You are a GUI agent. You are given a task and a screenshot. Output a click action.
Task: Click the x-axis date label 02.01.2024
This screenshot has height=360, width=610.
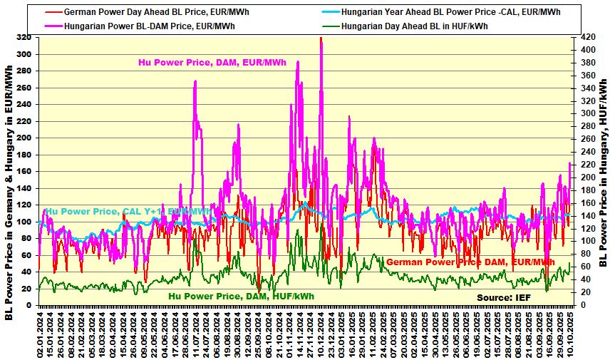[40, 333]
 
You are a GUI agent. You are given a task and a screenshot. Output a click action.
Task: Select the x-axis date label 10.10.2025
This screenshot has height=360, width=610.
[570, 333]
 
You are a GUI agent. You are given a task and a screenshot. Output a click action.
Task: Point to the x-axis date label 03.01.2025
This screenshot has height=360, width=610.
[343, 333]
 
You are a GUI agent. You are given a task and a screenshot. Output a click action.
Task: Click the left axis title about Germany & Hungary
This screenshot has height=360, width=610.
[9, 192]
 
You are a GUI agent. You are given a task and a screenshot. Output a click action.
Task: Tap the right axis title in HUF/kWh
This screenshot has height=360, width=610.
[602, 170]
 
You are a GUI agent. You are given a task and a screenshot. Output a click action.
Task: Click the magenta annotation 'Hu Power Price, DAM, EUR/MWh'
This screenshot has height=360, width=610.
[212, 63]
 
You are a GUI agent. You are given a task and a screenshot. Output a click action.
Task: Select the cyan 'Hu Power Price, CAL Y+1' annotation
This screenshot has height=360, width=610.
[128, 212]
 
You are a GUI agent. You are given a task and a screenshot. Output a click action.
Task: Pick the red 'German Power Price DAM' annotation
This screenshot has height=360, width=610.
[470, 262]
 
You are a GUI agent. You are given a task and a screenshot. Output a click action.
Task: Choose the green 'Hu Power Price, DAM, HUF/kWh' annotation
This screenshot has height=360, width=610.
[241, 296]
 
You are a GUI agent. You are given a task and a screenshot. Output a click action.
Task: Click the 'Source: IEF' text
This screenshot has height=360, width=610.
[505, 297]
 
